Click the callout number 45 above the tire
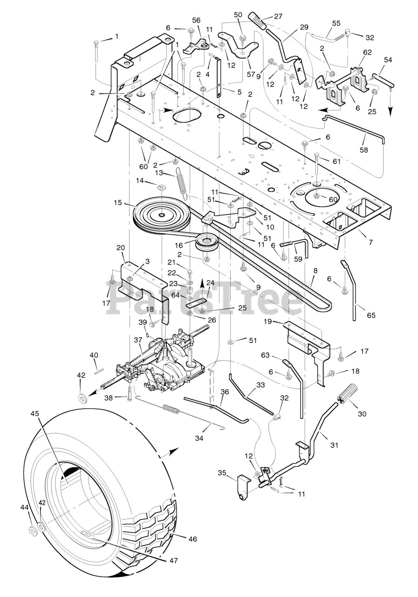click(35, 413)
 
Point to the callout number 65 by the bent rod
click(371, 315)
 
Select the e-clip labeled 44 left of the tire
click(34, 530)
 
